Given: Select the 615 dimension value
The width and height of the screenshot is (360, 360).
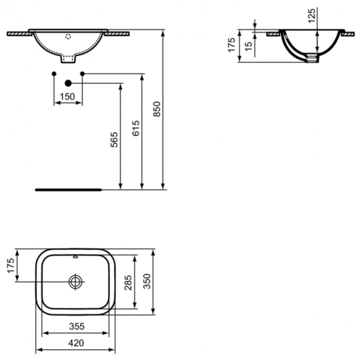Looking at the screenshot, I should tap(136, 129).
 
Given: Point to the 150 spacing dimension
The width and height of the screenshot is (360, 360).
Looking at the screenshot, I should tap(68, 96).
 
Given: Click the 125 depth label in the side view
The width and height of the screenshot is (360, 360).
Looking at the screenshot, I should tap(311, 15).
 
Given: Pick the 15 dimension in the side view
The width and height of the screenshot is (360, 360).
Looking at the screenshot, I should tap(248, 45).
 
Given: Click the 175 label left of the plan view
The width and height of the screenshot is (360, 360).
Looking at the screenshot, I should tap(10, 265).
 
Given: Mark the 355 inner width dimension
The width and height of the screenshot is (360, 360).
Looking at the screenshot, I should tap(74, 326).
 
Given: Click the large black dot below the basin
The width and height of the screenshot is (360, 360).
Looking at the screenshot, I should tap(68, 83).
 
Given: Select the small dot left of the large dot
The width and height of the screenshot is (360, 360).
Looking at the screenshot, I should tap(55, 73).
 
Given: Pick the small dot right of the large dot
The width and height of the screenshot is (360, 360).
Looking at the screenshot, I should tap(82, 73).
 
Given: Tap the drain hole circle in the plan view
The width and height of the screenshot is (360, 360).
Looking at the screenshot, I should tap(76, 281).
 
